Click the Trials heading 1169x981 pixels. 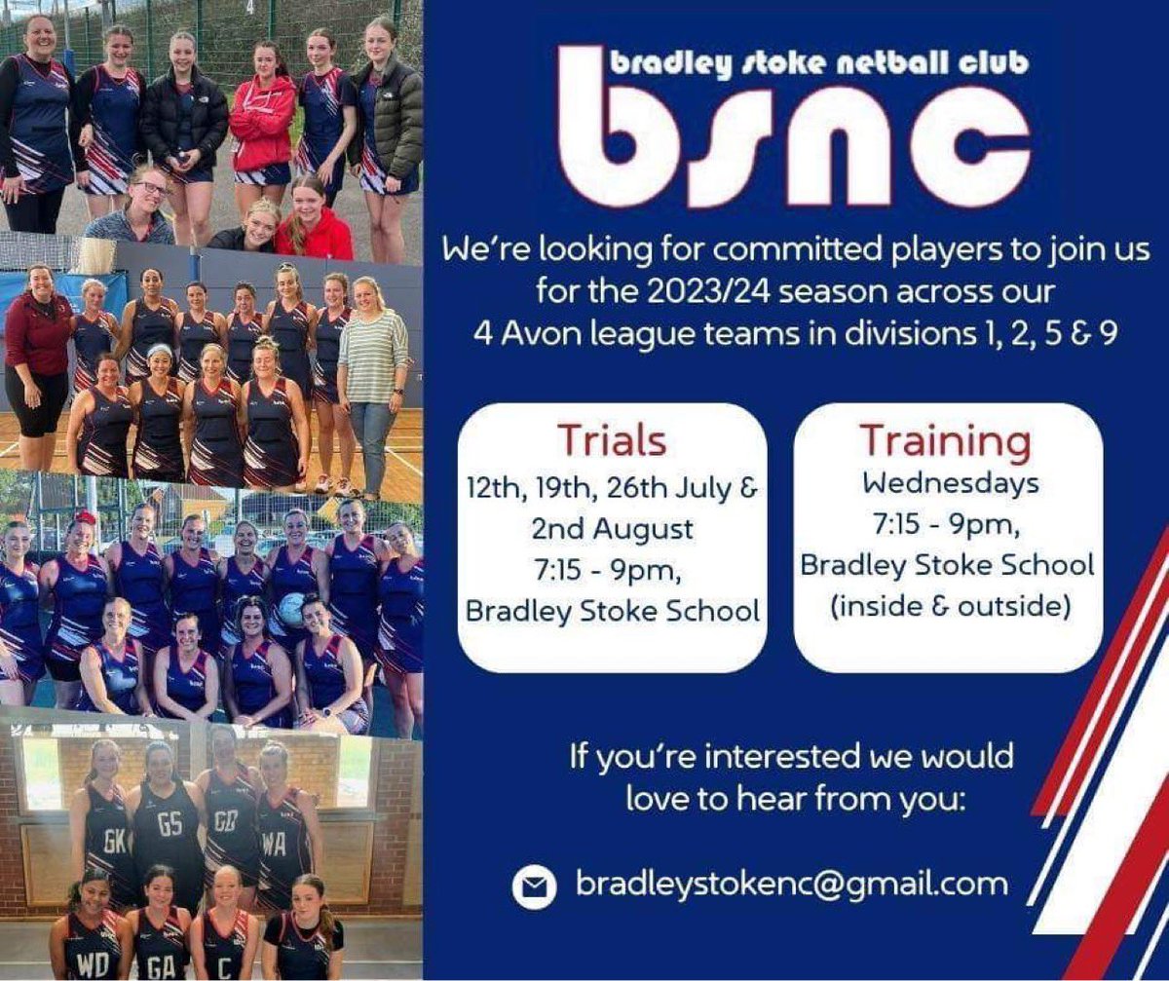pyautogui.click(x=612, y=440)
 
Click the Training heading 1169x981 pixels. pyautogui.click(x=944, y=440)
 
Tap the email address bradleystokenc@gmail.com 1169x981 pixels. pyautogui.click(x=791, y=884)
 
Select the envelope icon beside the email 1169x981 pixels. pyautogui.click(x=534, y=886)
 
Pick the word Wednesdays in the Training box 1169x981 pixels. pyautogui.click(x=948, y=482)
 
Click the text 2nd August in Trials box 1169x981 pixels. pyautogui.click(x=613, y=529)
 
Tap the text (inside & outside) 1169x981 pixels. pyautogui.click(x=948, y=605)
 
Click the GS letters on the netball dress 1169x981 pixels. pyautogui.click(x=170, y=824)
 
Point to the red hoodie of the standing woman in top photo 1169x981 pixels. pyautogui.click(x=261, y=122)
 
